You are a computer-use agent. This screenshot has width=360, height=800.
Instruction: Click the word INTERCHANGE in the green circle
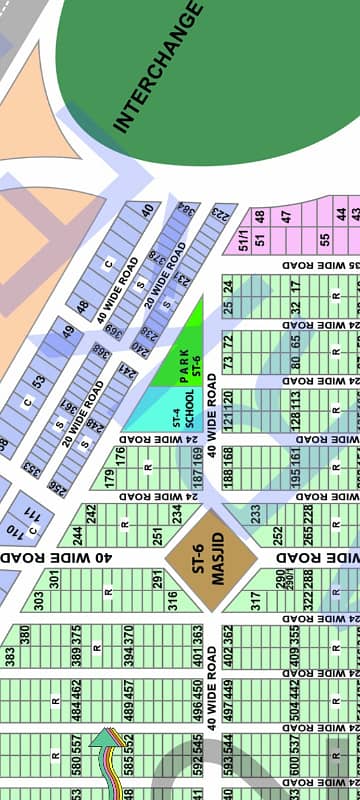coord(158,68)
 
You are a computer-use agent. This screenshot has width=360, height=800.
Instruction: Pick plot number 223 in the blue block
coord(219,214)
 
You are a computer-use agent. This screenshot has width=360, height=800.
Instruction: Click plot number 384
coord(185,213)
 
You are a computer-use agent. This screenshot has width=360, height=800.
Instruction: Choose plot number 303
coord(39,599)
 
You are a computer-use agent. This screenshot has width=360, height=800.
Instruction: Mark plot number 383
coord(9,655)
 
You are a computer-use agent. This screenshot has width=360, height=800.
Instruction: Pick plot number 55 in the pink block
coord(323,240)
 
